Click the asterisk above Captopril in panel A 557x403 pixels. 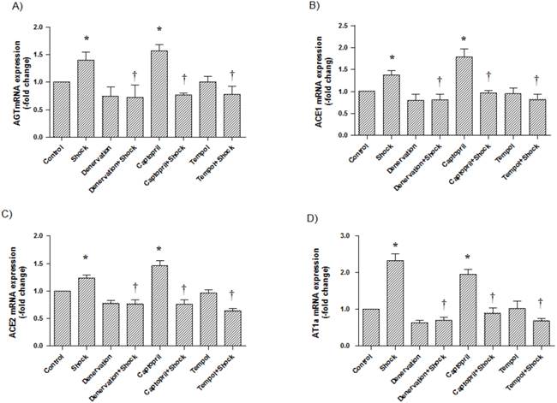tap(158, 30)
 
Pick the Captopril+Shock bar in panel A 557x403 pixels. tap(183, 116)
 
